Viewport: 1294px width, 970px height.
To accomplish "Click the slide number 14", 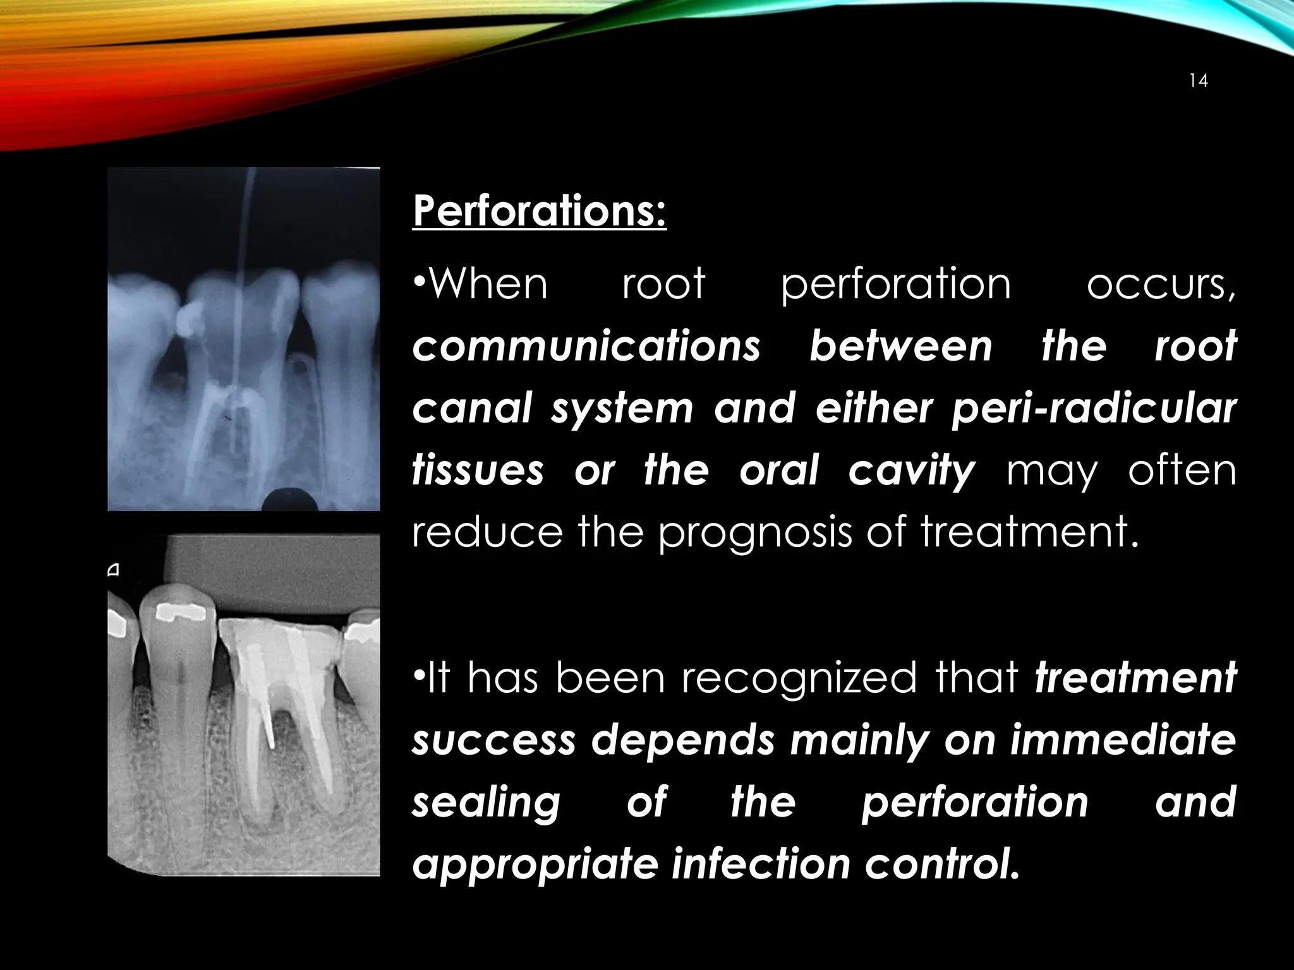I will tap(1198, 81).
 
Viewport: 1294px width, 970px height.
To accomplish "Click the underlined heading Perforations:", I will tap(539, 211).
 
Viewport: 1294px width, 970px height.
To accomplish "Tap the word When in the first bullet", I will tap(487, 284).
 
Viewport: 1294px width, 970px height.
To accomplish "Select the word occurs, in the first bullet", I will tap(1161, 284).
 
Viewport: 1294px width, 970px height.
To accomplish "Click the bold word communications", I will tap(586, 346).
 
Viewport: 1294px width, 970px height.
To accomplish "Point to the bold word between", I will tap(900, 346).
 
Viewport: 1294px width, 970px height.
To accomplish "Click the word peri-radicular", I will tap(1094, 409).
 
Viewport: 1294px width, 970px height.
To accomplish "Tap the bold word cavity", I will tap(911, 470).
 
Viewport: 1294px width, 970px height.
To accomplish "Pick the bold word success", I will tap(494, 739).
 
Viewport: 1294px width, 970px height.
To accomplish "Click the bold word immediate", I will tap(1122, 739).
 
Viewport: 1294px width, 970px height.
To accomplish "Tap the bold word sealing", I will tap(486, 801).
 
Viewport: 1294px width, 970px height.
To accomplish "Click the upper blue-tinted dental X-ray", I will tap(243, 339).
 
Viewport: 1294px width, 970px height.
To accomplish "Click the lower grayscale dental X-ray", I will tap(243, 705).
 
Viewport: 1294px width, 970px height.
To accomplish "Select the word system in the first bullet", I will tap(622, 409).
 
